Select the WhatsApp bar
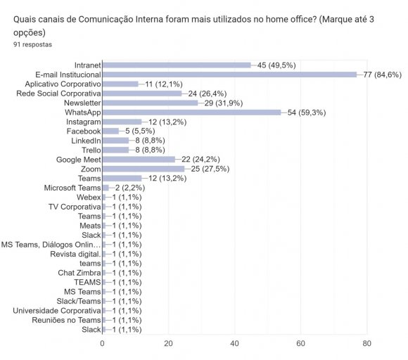191,112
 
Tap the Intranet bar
177,65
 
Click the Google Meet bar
139,160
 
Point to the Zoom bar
144,169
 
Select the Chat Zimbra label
79,273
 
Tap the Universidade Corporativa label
57,310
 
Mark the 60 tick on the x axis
300,343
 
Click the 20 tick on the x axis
169,343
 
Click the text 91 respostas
32,44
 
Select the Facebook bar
110,131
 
